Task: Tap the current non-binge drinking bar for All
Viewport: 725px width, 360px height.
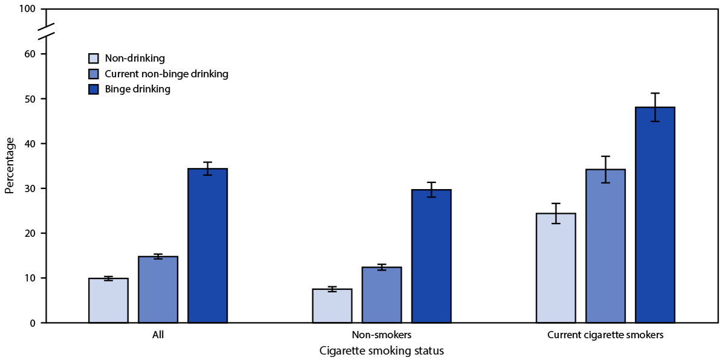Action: pos(158,290)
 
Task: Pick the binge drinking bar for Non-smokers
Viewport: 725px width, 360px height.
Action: pos(431,256)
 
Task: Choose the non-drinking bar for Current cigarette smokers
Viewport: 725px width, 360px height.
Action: pos(556,268)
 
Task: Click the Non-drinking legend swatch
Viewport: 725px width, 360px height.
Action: pos(94,59)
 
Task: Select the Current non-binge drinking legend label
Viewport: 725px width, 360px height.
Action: pos(166,74)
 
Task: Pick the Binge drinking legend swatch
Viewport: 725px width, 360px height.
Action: pos(94,89)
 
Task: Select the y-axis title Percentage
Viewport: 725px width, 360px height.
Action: pos(9,166)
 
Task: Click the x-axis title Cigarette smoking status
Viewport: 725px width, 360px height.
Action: pos(382,350)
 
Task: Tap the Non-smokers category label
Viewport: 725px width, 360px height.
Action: pos(382,334)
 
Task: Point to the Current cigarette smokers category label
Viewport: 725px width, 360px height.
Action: pos(605,334)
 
